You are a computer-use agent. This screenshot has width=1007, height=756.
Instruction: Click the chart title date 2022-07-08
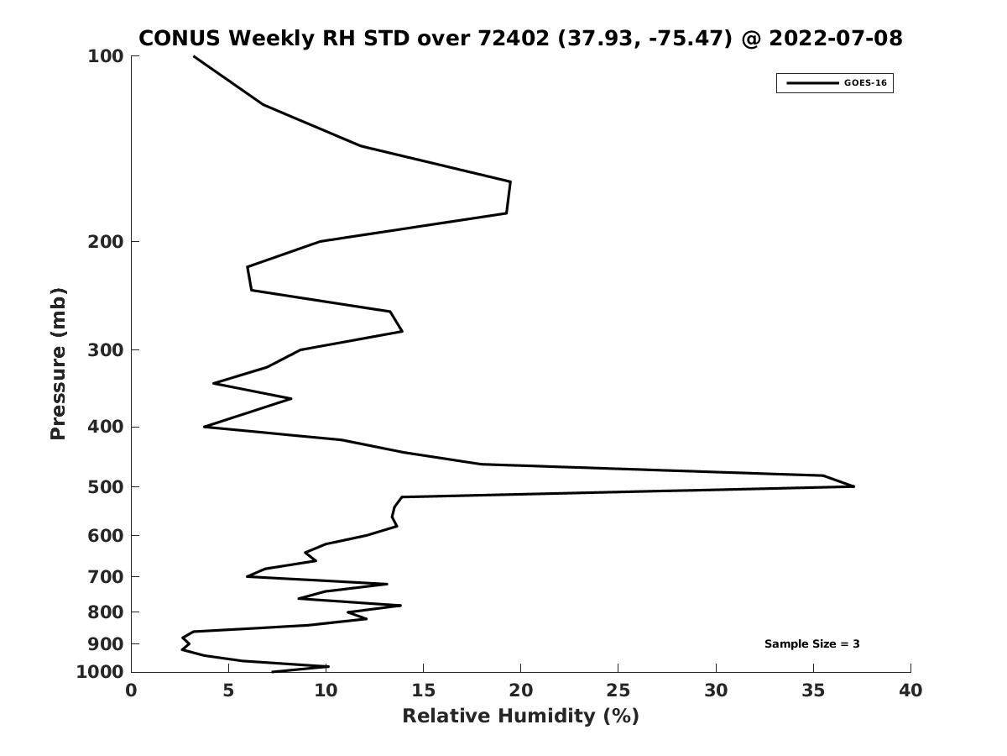point(836,38)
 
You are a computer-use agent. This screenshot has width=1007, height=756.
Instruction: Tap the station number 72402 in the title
point(514,38)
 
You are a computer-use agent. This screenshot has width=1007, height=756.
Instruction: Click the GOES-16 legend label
point(865,83)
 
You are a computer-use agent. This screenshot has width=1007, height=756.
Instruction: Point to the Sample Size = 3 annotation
point(811,643)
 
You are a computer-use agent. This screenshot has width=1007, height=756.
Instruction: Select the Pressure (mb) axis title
point(58,364)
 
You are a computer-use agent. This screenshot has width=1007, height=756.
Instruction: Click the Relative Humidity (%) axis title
point(520,716)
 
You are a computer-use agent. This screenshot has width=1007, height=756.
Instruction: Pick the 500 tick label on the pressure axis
point(106,486)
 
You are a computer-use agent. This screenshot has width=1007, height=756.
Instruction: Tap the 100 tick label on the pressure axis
point(106,56)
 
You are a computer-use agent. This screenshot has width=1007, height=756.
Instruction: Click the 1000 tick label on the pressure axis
point(100,672)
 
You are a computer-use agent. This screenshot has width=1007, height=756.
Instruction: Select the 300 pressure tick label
point(106,350)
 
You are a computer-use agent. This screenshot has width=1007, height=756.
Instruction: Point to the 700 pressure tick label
point(106,576)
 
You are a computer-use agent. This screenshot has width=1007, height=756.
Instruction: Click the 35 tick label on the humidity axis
point(813,690)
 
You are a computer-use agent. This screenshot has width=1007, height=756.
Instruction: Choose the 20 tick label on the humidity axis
point(520,690)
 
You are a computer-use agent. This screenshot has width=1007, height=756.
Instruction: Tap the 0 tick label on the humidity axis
point(131,690)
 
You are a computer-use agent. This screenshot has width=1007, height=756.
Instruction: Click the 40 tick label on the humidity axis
point(910,690)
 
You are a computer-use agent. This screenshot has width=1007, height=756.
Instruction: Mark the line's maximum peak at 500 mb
point(853,486)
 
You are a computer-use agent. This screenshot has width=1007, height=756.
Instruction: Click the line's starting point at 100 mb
point(194,56)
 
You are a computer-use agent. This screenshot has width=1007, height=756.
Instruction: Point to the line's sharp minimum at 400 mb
point(205,427)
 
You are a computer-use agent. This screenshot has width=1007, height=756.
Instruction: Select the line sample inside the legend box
point(812,83)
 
